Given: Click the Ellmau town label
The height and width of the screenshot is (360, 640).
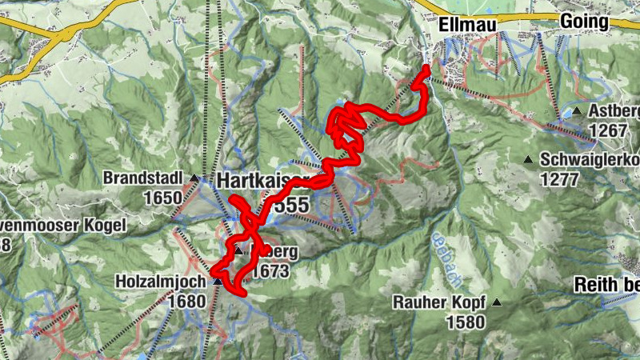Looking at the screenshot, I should click(x=468, y=26).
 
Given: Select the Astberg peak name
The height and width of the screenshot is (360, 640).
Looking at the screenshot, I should click(x=614, y=111).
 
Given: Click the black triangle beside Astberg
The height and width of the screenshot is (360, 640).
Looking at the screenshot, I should click(x=577, y=110).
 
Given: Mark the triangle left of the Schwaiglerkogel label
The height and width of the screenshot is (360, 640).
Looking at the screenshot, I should click(x=528, y=160).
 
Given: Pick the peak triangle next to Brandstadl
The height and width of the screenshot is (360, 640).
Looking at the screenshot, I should click(x=194, y=177).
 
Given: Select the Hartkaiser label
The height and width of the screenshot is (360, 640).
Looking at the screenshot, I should click(x=256, y=182).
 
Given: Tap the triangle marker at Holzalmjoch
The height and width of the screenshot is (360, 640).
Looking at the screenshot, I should click(x=218, y=282).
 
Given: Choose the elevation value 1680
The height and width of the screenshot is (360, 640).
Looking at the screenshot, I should click(x=187, y=301).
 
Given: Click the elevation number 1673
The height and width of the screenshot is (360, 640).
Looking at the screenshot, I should click(x=270, y=272).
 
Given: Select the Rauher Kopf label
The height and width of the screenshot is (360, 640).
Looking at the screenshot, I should click(x=441, y=303).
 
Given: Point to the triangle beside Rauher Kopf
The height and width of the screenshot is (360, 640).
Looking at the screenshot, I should click(x=497, y=302).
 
